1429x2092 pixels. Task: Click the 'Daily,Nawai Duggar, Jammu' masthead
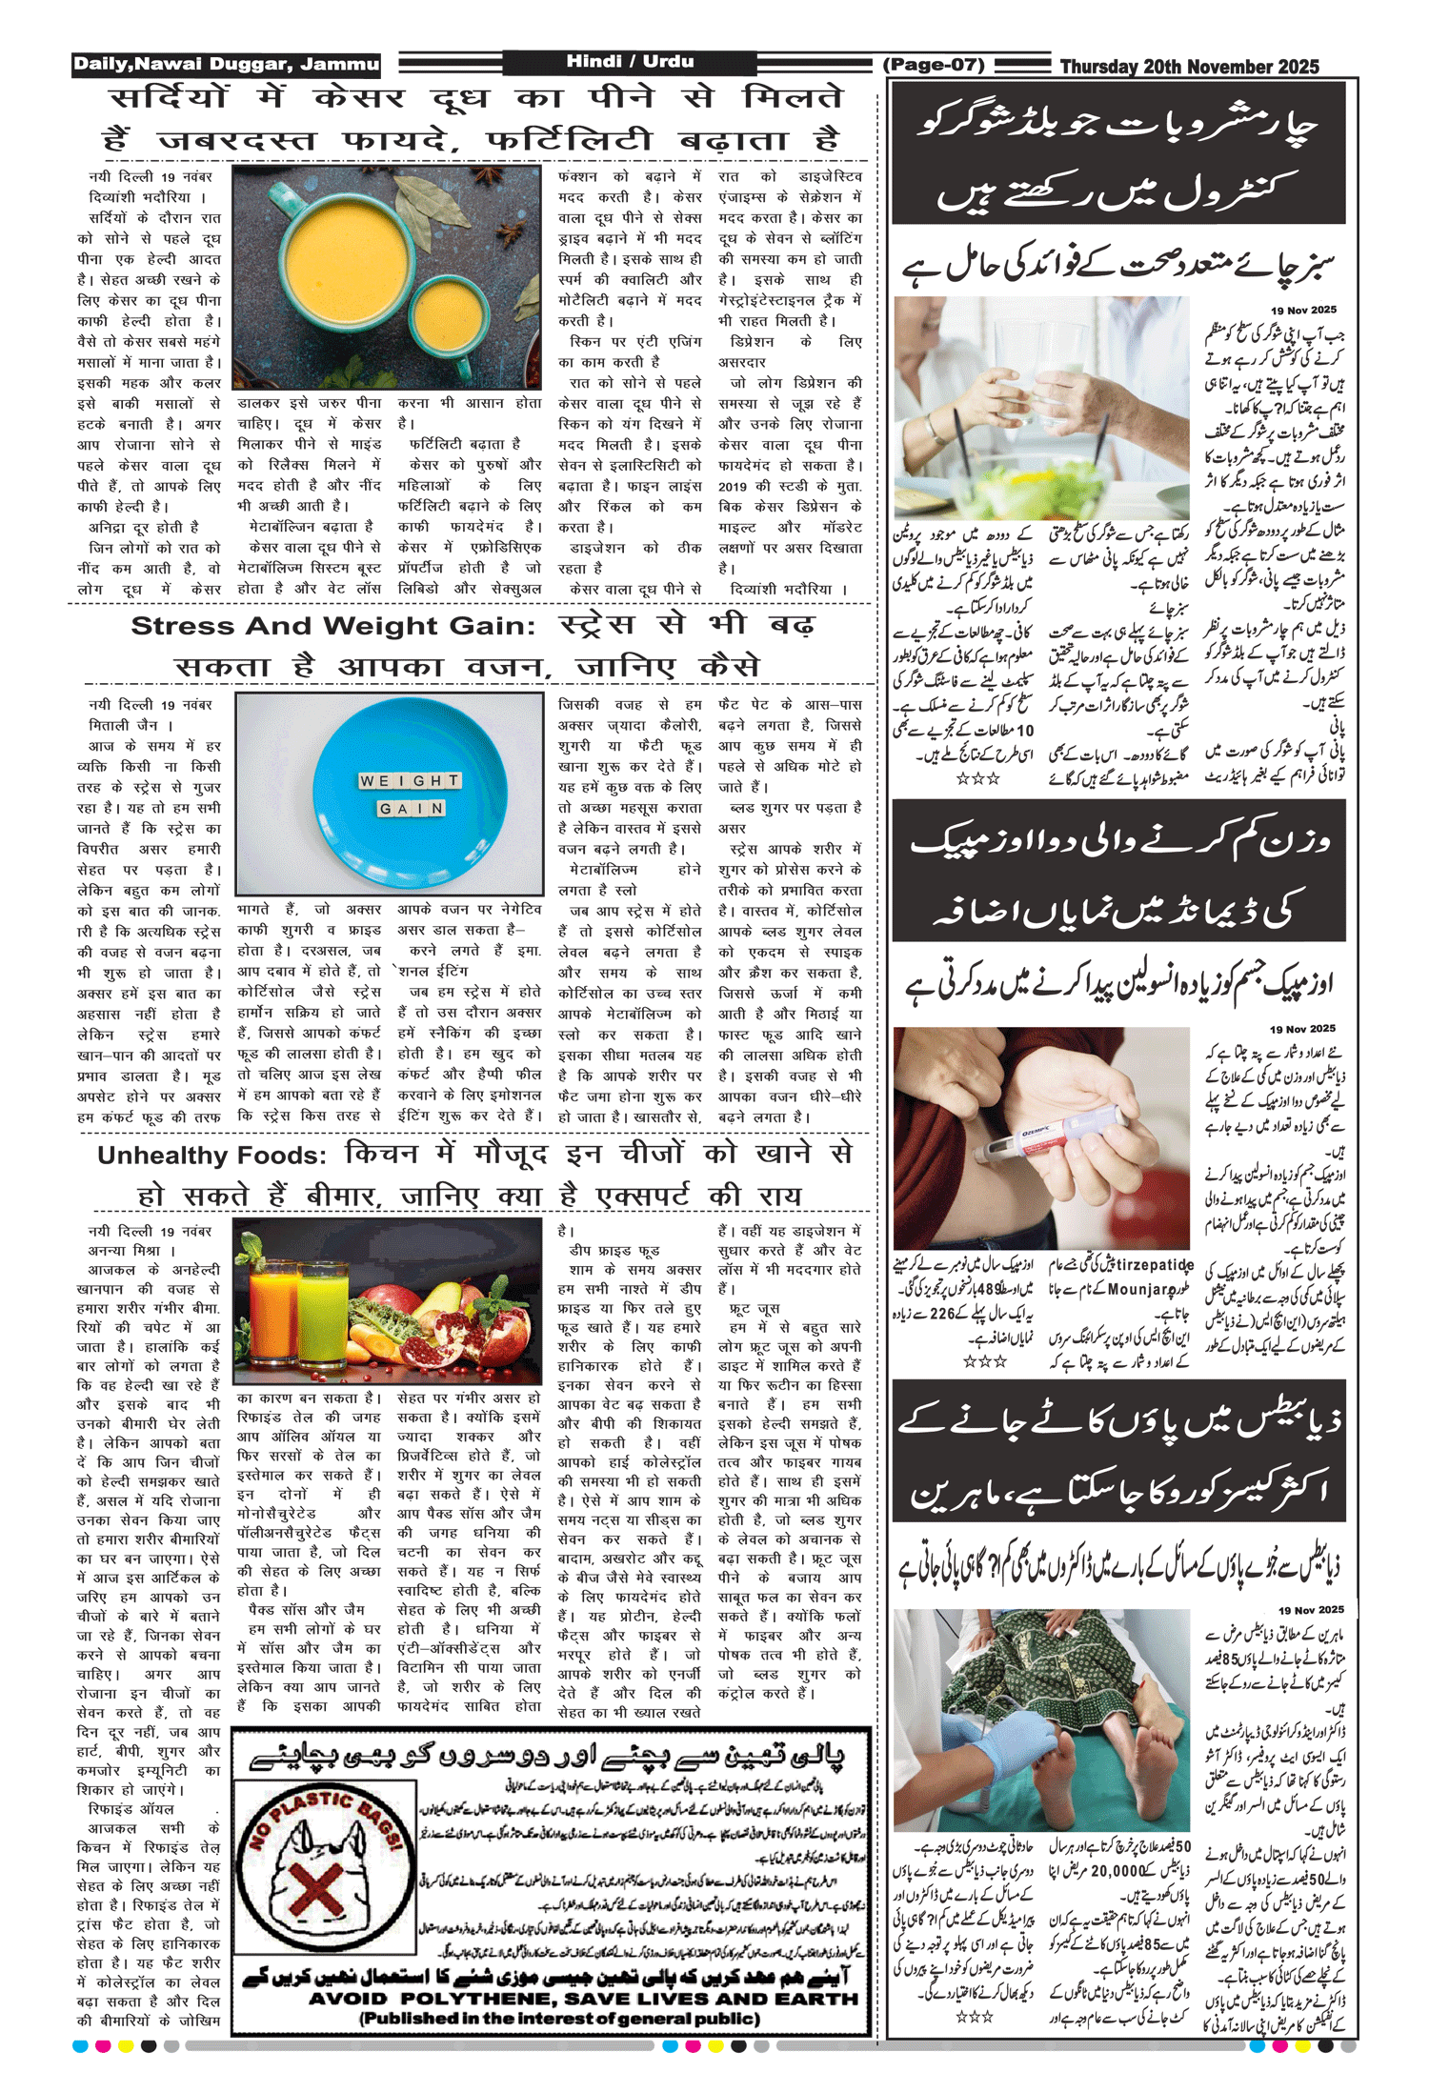227,65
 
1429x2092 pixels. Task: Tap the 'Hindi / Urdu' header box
630,62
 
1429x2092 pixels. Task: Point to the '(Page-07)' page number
934,65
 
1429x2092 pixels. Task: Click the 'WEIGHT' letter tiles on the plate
410,781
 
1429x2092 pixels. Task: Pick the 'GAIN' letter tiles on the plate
412,809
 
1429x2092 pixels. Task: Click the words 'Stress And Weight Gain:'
332,627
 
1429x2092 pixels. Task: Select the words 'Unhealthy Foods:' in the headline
211,1157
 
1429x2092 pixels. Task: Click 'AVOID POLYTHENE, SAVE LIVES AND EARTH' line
583,1999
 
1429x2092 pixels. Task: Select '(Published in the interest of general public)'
559,2019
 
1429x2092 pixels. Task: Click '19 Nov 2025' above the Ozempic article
1302,1029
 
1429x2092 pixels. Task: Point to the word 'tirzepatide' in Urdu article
1154,1265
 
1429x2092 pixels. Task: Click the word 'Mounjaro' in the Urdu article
1142,1290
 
